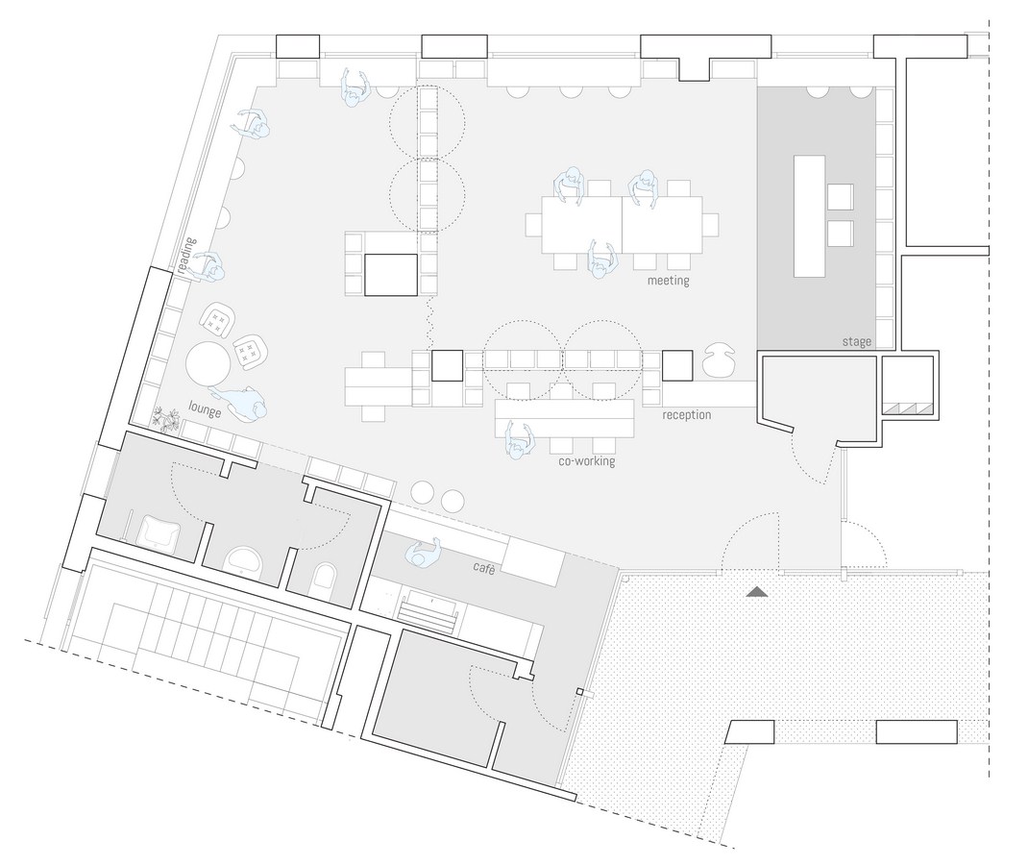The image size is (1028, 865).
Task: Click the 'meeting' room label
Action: pyautogui.click(x=668, y=281)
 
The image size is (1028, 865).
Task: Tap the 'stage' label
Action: pyautogui.click(x=857, y=341)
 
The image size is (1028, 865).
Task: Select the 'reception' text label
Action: pyautogui.click(x=686, y=415)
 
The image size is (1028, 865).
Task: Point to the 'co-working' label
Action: pyautogui.click(x=587, y=461)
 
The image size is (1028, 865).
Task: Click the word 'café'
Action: pyautogui.click(x=483, y=568)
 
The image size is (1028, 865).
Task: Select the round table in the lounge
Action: pyautogui.click(x=208, y=363)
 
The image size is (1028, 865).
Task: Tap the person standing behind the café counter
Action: pyautogui.click(x=423, y=553)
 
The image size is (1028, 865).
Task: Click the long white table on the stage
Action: pyautogui.click(x=809, y=215)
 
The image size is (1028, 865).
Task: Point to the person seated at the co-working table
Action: pyautogui.click(x=518, y=439)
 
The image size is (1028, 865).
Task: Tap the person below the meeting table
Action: pyautogui.click(x=602, y=259)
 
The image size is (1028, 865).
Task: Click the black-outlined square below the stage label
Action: pyautogui.click(x=907, y=387)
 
